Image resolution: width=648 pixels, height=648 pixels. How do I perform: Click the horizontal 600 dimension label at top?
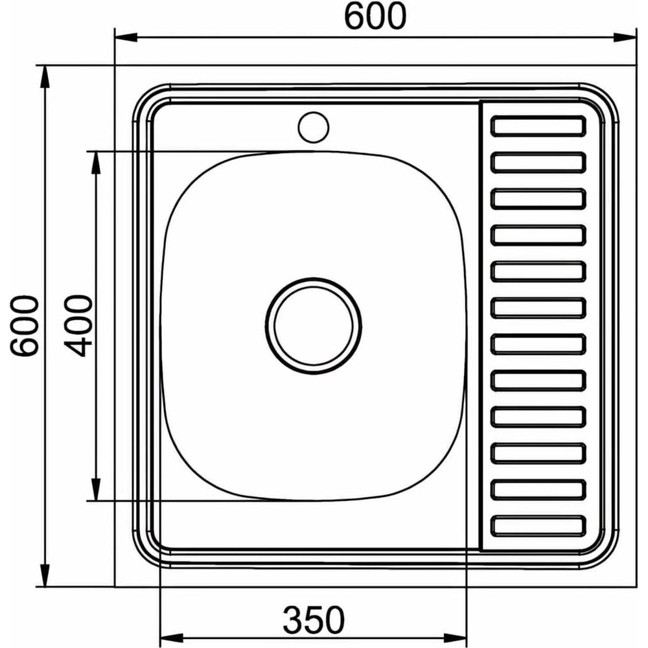point(375,16)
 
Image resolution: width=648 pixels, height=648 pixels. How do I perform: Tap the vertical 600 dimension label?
point(25,325)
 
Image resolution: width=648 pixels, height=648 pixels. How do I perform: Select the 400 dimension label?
point(78,325)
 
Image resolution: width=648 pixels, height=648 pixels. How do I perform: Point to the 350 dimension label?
point(313,620)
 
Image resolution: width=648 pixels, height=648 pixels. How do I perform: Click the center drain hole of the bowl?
point(313,326)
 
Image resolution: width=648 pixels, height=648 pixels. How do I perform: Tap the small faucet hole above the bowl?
point(313,127)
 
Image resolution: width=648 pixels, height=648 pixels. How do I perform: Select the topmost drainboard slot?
point(538,126)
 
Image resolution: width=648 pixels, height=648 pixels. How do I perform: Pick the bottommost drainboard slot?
point(538,526)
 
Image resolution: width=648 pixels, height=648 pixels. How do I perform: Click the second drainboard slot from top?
point(538,163)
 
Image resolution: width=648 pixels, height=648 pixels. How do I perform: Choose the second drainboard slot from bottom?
point(538,489)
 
